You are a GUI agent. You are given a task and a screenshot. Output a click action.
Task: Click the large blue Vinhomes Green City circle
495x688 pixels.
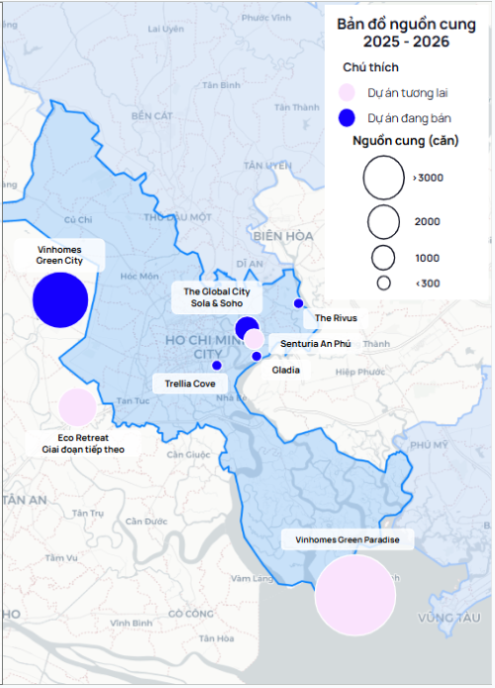60,299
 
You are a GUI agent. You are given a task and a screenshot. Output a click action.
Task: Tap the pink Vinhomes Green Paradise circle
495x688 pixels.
355,595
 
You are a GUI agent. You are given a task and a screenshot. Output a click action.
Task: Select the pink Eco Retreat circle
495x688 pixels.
77,406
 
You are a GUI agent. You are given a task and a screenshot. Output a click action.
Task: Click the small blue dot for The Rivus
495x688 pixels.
298,303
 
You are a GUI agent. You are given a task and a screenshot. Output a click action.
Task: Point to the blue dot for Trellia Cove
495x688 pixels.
217,365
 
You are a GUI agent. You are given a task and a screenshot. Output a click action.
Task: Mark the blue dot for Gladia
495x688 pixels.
256,356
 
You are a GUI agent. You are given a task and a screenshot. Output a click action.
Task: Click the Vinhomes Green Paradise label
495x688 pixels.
342,540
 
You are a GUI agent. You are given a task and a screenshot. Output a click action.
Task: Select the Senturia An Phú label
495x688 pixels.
316,343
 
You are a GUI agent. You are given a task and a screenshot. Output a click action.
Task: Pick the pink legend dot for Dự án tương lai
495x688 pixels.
346,92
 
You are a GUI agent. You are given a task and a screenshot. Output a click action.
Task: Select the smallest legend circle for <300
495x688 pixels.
383,283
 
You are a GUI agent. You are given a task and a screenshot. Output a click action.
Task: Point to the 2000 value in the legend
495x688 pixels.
427,221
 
